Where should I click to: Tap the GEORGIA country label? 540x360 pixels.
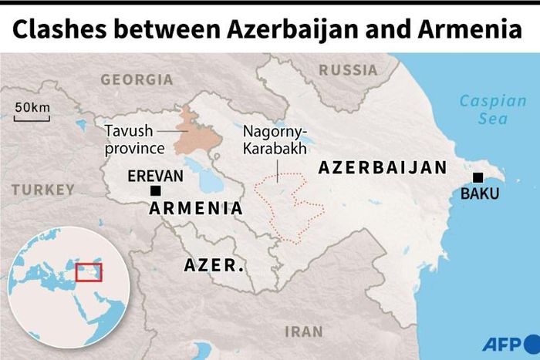(137, 79)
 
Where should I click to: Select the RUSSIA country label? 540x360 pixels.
(349, 70)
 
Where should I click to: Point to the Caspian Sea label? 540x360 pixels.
(484, 109)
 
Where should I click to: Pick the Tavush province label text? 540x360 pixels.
(135, 140)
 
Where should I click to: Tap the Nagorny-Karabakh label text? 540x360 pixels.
(275, 139)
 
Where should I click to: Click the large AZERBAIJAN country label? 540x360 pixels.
(383, 168)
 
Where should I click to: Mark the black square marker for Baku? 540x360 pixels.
(478, 177)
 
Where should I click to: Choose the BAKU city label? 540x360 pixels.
(480, 194)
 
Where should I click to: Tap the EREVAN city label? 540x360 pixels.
(157, 176)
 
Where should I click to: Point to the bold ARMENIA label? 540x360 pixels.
(196, 208)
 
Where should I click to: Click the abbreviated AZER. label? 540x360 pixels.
(214, 266)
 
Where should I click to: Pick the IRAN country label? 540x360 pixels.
(304, 331)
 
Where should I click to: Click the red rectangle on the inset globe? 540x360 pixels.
(89, 272)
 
